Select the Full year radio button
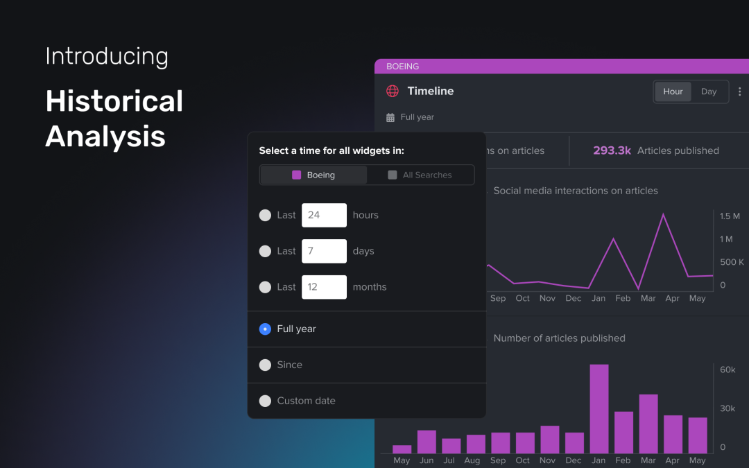[265, 329]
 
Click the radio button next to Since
[265, 365]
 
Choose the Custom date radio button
[265, 401]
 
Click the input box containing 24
[324, 215]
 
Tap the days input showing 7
[324, 251]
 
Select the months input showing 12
[324, 287]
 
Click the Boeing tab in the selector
[313, 175]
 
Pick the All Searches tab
[420, 175]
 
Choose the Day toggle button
[709, 92]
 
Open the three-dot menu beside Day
[739, 92]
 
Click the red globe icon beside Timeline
[393, 91]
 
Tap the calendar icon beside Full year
[390, 117]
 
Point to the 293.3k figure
[612, 150]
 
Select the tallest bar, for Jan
[599, 409]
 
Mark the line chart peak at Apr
[664, 214]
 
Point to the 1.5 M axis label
[730, 216]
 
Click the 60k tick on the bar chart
[728, 370]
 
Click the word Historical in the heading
[114, 101]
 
